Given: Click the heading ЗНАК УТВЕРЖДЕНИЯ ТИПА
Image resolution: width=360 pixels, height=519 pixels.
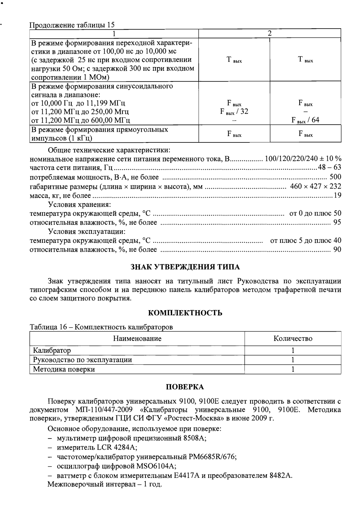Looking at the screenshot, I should pyautogui.click(x=185, y=267).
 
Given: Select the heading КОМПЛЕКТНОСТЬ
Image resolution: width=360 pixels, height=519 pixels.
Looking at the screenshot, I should pyautogui.click(x=185, y=313).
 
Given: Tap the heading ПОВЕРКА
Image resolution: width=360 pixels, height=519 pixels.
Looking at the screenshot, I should pyautogui.click(x=185, y=387).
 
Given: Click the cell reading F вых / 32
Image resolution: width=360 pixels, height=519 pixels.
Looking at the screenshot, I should pyautogui.click(x=234, y=111).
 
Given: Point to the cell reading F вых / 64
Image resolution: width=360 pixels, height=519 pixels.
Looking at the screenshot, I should pyautogui.click(x=305, y=120).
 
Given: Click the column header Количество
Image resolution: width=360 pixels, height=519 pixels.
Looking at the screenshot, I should pyautogui.click(x=293, y=338).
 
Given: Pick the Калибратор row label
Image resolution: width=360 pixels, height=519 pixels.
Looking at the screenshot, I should pyautogui.click(x=52, y=351).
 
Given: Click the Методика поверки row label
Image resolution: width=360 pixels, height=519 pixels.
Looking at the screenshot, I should pyautogui.click(x=64, y=369).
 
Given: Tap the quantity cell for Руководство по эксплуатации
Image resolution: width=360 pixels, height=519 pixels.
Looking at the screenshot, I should pyautogui.click(x=293, y=360).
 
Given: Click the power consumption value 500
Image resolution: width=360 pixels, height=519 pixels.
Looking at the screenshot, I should pyautogui.click(x=335, y=177).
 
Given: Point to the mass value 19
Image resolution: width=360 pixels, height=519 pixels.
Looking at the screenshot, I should pyautogui.click(x=337, y=195).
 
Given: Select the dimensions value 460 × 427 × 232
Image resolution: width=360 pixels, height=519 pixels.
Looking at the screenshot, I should pyautogui.click(x=316, y=186).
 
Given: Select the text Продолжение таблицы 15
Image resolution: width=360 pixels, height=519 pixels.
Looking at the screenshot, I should pyautogui.click(x=72, y=25).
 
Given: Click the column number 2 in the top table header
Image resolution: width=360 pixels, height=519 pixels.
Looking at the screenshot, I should pyautogui.click(x=269, y=33).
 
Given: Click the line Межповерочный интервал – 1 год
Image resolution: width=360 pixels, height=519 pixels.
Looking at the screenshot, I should pyautogui.click(x=105, y=485).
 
